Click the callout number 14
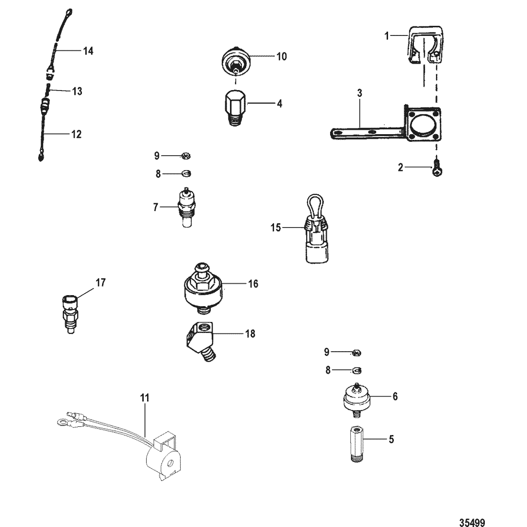point(88,51)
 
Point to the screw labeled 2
point(437,170)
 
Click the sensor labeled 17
point(70,314)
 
